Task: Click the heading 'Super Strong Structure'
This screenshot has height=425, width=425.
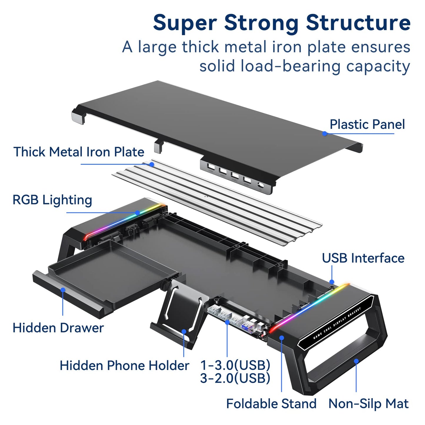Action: [281, 23]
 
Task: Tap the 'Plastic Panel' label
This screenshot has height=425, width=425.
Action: [367, 124]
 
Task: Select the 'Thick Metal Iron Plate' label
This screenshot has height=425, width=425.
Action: [79, 152]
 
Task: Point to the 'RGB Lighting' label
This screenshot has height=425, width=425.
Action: [52, 200]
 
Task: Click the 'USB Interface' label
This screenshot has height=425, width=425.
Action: [363, 258]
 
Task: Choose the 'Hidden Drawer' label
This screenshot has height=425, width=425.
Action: [58, 328]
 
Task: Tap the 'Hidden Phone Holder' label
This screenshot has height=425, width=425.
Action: [124, 366]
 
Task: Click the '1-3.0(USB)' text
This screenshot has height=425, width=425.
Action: [235, 365]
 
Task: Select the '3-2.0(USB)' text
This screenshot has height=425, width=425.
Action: [235, 378]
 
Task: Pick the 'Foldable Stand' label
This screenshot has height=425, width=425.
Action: [271, 404]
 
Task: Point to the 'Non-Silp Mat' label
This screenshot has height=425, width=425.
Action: [368, 404]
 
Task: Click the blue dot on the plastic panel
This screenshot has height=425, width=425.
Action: [325, 134]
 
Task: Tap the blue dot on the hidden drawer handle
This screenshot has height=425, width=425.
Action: [63, 290]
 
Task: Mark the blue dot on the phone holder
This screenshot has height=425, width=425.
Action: [184, 331]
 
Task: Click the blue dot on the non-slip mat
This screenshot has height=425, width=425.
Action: [356, 361]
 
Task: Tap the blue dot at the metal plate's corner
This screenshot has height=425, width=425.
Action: [152, 164]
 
